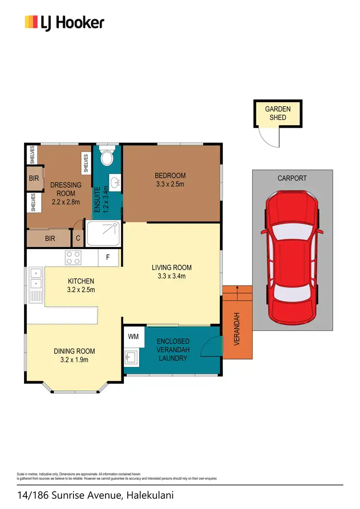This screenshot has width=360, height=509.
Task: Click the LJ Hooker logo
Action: point(64,23)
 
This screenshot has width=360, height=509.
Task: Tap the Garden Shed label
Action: point(278,113)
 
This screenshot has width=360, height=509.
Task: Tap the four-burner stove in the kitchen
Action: point(73,258)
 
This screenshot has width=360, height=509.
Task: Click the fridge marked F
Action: point(108,258)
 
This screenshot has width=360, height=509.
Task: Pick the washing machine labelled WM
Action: point(133,337)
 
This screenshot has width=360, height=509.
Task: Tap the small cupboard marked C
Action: point(78,238)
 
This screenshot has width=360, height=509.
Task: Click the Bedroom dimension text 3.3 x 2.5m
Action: point(170,184)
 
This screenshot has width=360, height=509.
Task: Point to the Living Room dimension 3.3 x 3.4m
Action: point(171,276)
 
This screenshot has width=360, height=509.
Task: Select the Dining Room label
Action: point(74,351)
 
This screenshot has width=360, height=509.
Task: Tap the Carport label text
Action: point(292,178)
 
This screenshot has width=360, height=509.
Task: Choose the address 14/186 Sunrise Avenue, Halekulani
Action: point(95,496)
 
